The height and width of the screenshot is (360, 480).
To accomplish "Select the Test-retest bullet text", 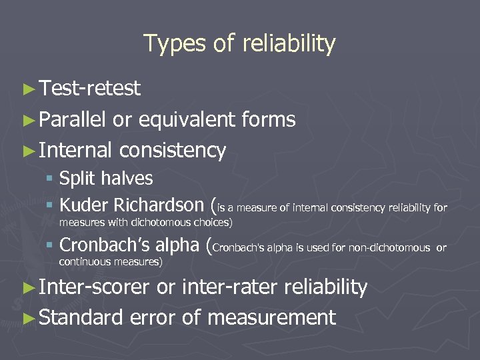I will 89,88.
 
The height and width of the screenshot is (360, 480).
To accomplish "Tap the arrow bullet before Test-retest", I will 28,88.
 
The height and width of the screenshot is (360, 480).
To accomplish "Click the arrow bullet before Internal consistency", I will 28,151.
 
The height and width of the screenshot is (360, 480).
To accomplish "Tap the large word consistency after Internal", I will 173,151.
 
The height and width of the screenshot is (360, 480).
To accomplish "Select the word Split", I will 77,179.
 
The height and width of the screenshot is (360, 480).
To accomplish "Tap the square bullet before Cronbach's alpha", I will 51,245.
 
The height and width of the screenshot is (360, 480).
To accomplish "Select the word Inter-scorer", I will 94,287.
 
